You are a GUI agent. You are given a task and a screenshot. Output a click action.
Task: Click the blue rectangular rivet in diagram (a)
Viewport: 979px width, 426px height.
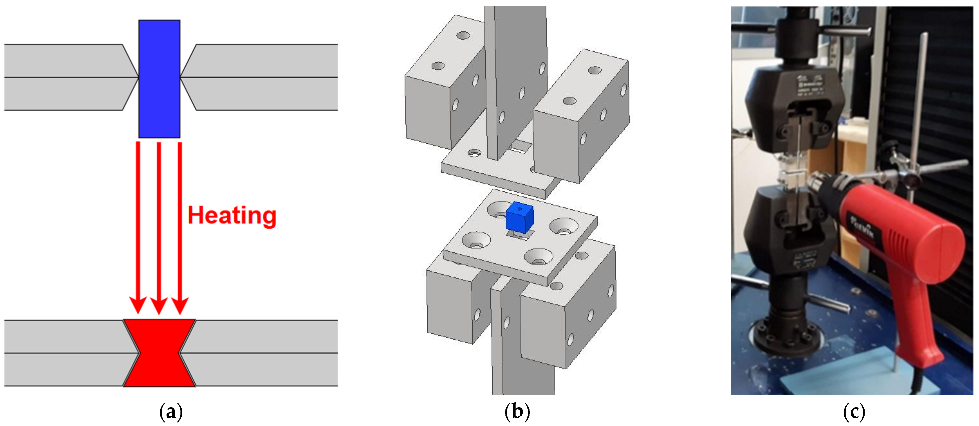coord(159,79)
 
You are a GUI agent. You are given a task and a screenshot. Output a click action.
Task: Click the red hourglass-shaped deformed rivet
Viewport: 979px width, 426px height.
coord(159,353)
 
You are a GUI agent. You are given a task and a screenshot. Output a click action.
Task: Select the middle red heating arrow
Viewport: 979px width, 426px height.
coord(159,228)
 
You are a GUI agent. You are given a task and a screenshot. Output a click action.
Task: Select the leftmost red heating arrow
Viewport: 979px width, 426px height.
coord(138,228)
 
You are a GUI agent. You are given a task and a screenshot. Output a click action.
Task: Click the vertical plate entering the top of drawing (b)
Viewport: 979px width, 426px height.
coord(515,76)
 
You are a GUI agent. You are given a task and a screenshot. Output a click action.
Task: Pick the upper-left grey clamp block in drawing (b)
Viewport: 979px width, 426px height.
coord(441,87)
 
